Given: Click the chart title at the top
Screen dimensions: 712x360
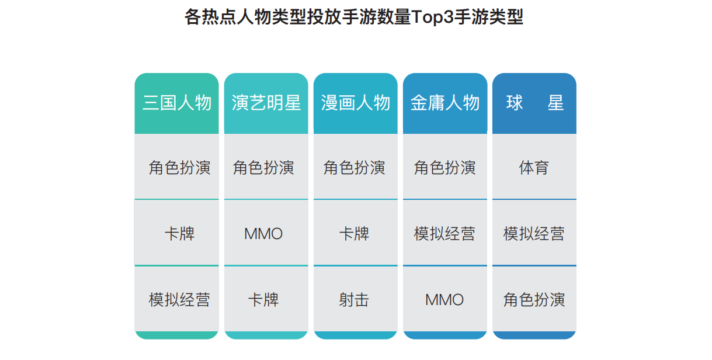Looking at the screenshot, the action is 354,17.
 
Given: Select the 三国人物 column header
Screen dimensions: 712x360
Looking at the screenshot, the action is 177,103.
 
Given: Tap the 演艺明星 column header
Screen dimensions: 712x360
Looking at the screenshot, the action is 266,103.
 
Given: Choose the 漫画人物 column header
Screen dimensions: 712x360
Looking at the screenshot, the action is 355,103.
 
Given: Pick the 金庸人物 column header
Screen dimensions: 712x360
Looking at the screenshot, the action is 445,103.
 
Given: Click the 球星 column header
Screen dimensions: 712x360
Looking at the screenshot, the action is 534,103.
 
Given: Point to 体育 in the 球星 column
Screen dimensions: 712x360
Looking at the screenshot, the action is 534,168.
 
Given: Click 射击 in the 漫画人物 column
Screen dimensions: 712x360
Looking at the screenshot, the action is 354,300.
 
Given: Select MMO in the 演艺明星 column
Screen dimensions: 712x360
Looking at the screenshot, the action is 263,234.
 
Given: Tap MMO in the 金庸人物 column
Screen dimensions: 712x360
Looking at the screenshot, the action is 444,300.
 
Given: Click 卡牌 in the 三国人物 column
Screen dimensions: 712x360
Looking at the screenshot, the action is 179,234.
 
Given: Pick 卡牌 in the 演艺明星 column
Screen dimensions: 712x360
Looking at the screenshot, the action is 263,300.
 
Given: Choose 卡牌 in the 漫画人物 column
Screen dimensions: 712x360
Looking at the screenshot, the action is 354,234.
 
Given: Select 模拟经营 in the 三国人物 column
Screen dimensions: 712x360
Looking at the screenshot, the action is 179,300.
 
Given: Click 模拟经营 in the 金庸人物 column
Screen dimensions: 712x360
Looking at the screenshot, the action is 444,234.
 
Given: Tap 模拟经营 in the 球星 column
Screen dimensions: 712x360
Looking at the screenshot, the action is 534,234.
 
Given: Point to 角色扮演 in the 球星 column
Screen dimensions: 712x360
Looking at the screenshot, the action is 534,300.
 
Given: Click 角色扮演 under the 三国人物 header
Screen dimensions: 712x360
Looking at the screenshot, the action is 179,168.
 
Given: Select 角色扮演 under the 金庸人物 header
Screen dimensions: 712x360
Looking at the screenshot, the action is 444,168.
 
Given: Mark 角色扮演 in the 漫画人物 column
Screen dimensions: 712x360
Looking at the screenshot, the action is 354,168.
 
